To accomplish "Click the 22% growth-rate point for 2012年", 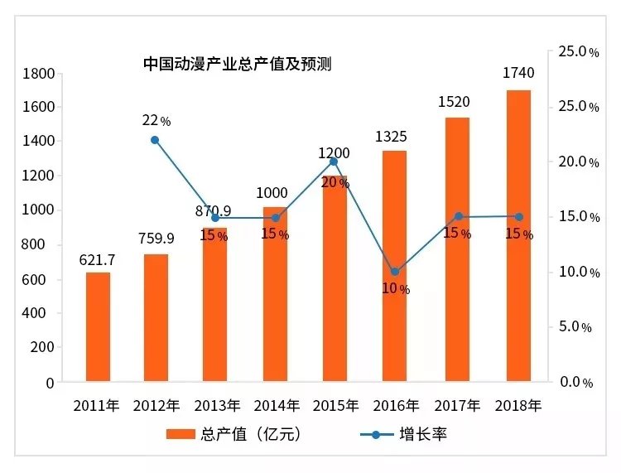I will tap(155, 140).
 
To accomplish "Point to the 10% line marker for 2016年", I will tap(395, 272).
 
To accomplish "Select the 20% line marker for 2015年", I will tap(335, 162).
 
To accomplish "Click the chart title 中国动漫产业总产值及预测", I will tap(237, 64).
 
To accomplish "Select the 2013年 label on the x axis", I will tap(218, 406).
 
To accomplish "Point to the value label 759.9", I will tap(156, 239).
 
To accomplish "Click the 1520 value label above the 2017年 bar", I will tap(453, 102).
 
